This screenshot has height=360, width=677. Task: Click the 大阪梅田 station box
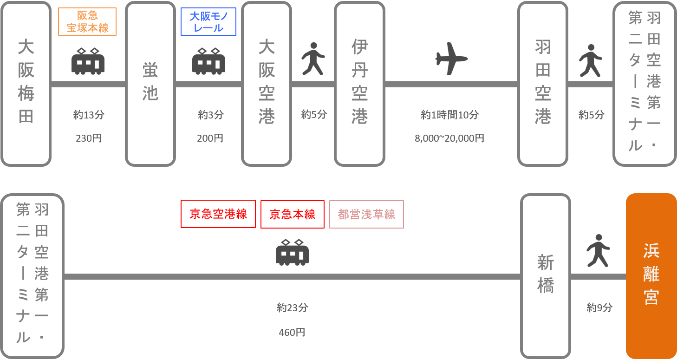pos(26,84)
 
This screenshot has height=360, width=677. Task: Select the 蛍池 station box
pos(150,84)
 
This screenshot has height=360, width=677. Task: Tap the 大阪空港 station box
pos(267,84)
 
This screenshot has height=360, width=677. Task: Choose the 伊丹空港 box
pos(359,84)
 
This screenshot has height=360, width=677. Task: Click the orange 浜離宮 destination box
pos(651,276)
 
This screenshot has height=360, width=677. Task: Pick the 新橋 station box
pos(545,276)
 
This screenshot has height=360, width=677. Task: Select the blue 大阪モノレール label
pos(208,22)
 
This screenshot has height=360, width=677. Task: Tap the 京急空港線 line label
pos(218,214)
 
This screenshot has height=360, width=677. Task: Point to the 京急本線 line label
pos(293,214)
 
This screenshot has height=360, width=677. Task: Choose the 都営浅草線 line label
pos(367,214)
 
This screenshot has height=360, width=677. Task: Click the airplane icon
pos(451,59)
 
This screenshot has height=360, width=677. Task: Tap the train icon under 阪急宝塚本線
pos(88,61)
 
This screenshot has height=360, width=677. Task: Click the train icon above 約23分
pos(292,253)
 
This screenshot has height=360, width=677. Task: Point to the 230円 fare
pos(88,138)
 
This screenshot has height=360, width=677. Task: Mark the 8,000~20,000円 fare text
pos(449,138)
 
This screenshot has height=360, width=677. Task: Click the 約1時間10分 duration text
pos(449,115)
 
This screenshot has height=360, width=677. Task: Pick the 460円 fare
pos(292,332)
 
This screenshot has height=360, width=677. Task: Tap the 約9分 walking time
pos(599,307)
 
